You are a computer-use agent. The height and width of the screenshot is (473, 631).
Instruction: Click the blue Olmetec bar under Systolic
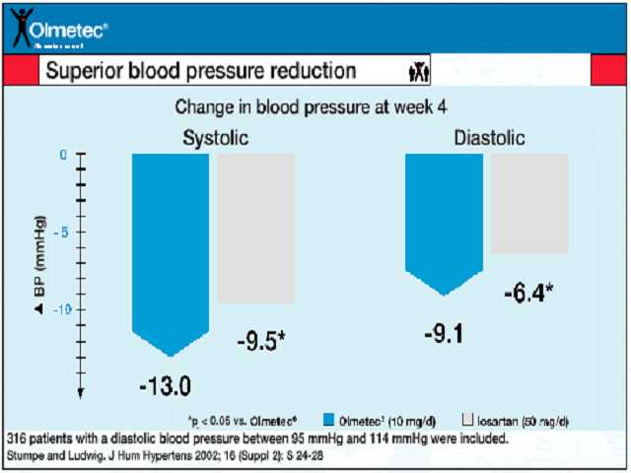[171, 246]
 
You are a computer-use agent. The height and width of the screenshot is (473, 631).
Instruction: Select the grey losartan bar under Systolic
[255, 229]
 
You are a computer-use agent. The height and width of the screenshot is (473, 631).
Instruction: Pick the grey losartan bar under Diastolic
[529, 204]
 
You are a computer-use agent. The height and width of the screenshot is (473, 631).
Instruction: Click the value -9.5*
[261, 342]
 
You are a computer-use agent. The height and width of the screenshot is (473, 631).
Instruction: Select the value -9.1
[443, 333]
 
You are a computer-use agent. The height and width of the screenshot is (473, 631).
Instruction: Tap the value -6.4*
[528, 293]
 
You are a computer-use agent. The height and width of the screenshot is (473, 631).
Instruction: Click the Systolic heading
[215, 137]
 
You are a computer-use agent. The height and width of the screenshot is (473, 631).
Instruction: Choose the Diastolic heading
[489, 137]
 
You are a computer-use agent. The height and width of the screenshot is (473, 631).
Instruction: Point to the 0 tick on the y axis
[62, 155]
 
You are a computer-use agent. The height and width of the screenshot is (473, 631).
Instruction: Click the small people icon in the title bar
[418, 71]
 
